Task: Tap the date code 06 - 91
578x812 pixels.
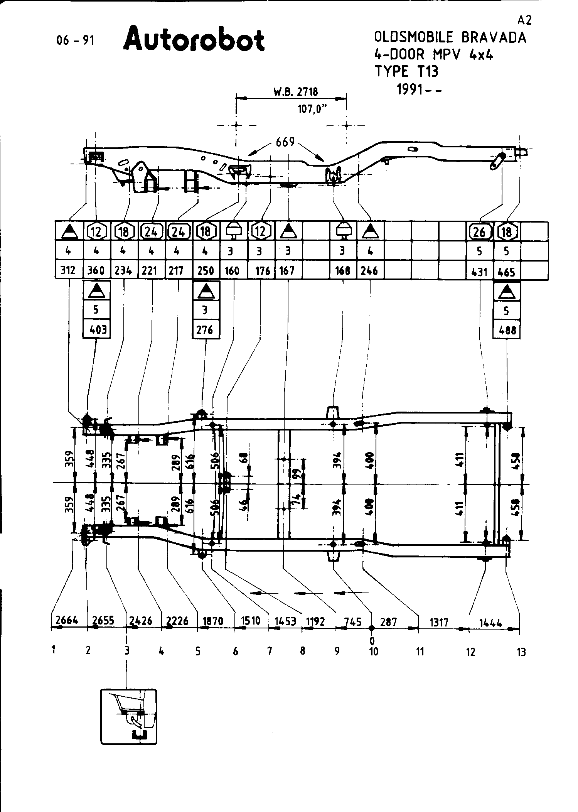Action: (75, 41)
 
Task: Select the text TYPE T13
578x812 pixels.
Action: (407, 71)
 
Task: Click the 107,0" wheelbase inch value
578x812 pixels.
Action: (312, 109)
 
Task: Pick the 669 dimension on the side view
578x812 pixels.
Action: (285, 142)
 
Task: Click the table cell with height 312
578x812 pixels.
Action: (68, 270)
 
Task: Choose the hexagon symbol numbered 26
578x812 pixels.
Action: (479, 231)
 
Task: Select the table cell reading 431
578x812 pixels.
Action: (480, 272)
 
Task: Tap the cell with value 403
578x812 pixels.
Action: (97, 330)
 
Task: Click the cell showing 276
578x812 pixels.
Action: (206, 330)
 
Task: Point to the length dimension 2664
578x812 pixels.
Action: (67, 621)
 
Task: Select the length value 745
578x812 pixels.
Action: (353, 622)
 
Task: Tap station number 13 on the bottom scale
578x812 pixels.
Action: (521, 652)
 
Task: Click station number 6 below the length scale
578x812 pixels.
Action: (235, 652)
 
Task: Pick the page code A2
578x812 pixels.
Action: (525, 20)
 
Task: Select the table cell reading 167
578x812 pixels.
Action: (288, 270)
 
